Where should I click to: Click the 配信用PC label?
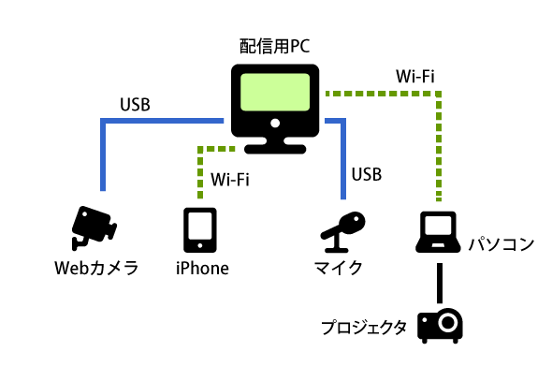[274, 46]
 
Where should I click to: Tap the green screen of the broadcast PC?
[275, 92]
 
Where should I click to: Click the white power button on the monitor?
[275, 123]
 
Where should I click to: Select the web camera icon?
[94, 227]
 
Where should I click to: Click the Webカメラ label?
[96, 268]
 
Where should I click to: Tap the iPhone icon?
[200, 230]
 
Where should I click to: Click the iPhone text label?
[202, 269]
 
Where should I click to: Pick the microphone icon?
[342, 232]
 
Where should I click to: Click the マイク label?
[338, 268]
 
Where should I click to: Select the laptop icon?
[438, 232]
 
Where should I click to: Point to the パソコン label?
[501, 244]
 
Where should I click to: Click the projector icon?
[440, 326]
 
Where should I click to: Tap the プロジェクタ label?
[364, 327]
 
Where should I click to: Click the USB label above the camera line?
[135, 105]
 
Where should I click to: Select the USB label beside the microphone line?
[367, 174]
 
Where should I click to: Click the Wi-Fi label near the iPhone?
[230, 180]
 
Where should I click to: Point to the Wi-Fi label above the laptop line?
[415, 77]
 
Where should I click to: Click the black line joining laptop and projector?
[440, 283]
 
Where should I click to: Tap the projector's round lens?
[448, 322]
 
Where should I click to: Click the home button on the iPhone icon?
[200, 245]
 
